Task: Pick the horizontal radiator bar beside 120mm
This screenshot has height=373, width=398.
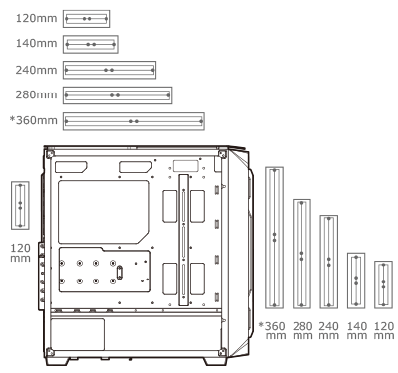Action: pos(87,18)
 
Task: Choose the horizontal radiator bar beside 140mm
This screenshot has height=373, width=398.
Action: pos(91,44)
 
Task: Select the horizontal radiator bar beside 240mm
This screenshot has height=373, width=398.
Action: pos(109,70)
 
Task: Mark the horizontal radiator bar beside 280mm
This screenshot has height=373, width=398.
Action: pos(117,94)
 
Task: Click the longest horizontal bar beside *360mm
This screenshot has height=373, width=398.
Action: pos(132,120)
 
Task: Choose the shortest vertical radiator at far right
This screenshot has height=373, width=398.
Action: pos(383,285)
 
